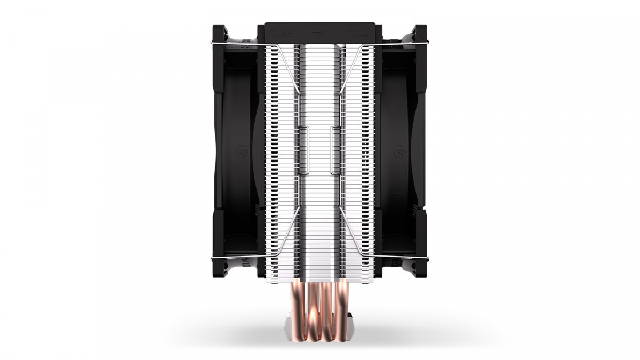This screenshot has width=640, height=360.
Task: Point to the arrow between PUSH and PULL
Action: (x=319, y=31)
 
